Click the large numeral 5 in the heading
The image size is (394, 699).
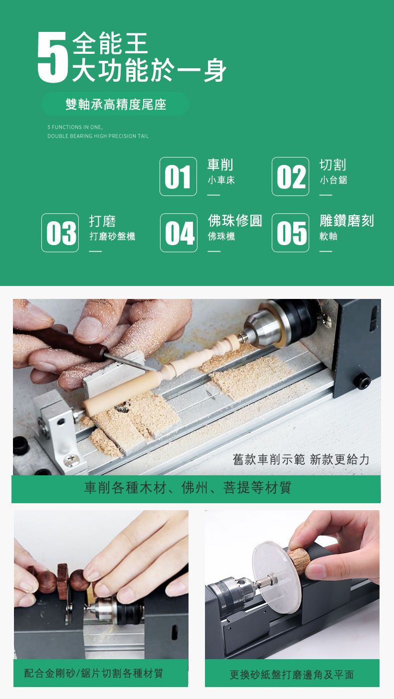point(52,57)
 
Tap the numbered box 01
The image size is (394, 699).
point(178,176)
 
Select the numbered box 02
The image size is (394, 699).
point(291,176)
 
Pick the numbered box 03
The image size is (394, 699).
point(60,233)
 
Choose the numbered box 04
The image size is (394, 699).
point(179,233)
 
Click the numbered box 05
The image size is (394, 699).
point(291,233)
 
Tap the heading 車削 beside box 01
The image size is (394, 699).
point(220,164)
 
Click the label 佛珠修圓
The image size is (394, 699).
point(235,221)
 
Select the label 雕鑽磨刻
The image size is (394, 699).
point(347,221)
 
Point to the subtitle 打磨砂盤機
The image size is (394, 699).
point(112,236)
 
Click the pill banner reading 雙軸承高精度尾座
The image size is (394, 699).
point(116,104)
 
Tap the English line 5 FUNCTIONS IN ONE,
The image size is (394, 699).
point(75,127)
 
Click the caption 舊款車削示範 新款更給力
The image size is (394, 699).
point(301,459)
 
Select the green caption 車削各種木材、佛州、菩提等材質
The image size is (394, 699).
point(188,487)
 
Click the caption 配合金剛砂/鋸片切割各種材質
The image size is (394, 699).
point(94,674)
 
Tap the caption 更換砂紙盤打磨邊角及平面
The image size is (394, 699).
point(292,675)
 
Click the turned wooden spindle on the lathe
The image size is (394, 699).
point(160,376)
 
